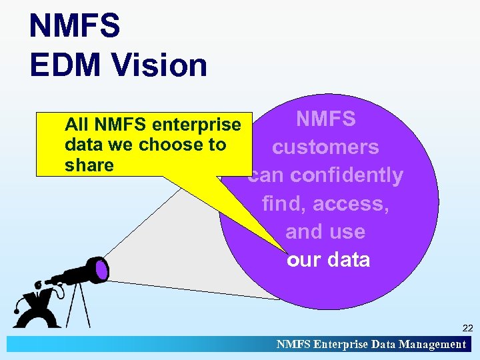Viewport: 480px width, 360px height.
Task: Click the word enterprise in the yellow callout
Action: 197,125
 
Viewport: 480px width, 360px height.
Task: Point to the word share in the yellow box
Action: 89,165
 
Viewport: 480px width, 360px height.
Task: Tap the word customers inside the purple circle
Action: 325,147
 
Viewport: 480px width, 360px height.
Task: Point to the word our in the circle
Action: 303,259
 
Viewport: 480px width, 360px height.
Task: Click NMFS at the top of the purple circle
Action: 326,119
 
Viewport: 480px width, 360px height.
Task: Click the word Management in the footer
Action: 432,345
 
